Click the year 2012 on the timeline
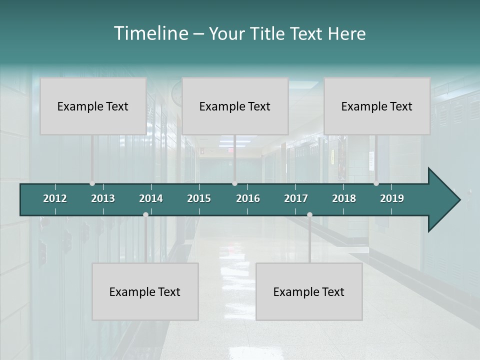(55, 198)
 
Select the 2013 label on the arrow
(103, 198)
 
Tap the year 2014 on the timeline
(151, 198)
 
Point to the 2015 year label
(199, 198)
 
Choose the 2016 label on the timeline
(248, 198)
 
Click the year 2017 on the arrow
(296, 198)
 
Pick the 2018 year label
(344, 198)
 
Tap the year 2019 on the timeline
(392, 198)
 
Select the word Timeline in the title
(150, 33)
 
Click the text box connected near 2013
(93, 106)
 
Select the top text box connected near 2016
(235, 106)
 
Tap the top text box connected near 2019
(377, 106)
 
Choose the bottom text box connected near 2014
(145, 291)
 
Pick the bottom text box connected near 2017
(309, 291)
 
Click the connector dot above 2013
(92, 183)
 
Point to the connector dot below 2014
(145, 214)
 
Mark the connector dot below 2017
(309, 214)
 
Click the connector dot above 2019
(376, 183)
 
